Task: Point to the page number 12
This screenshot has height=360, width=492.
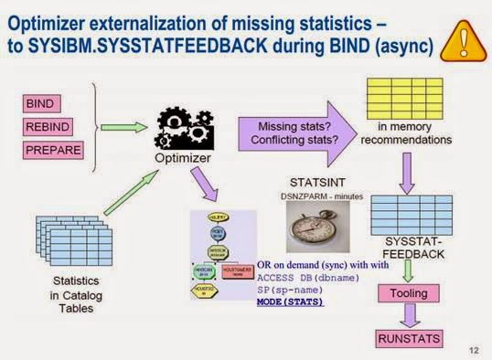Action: coord(472,349)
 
